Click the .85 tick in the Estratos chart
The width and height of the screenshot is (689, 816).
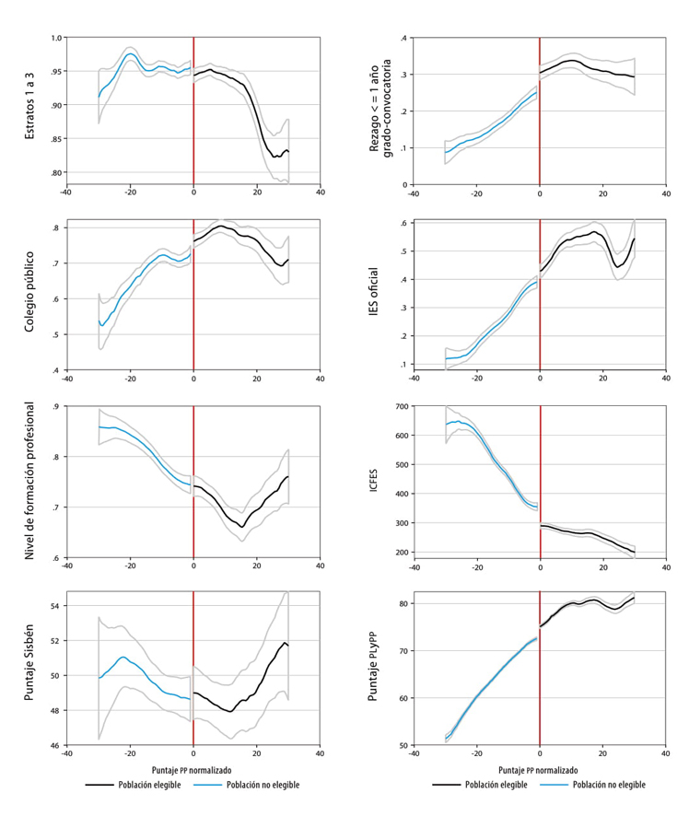point(56,139)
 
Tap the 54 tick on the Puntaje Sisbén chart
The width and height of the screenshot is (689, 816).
point(57,605)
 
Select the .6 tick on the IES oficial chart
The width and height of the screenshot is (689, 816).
point(403,224)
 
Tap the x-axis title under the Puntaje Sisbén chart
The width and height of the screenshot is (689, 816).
point(192,768)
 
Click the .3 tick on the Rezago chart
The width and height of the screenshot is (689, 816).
point(403,75)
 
